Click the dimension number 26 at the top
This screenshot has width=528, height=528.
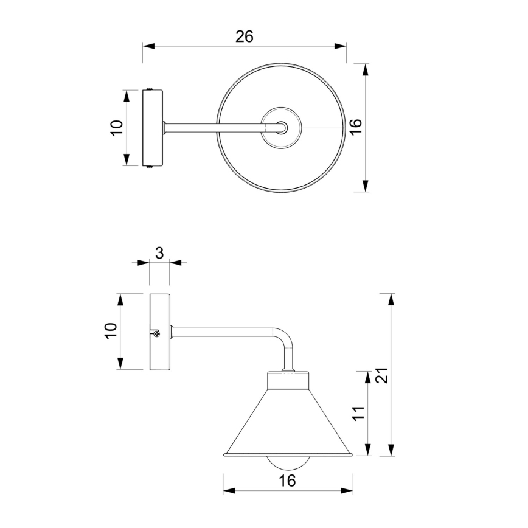click(x=245, y=36)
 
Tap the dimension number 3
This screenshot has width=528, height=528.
click(x=159, y=253)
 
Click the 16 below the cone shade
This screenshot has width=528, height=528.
click(x=288, y=481)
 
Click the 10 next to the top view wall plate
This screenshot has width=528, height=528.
click(x=117, y=128)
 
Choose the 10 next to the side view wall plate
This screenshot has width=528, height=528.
click(x=111, y=332)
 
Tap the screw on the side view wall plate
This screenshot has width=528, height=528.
click(x=157, y=332)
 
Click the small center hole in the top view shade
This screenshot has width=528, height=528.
click(x=282, y=128)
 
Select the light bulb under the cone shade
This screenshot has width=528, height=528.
click(x=288, y=462)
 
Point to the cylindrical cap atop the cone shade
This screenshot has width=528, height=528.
click(x=289, y=381)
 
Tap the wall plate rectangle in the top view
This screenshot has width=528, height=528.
click(x=153, y=128)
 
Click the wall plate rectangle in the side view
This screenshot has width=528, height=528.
click(x=160, y=332)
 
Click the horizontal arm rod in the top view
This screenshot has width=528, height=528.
click(x=219, y=128)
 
